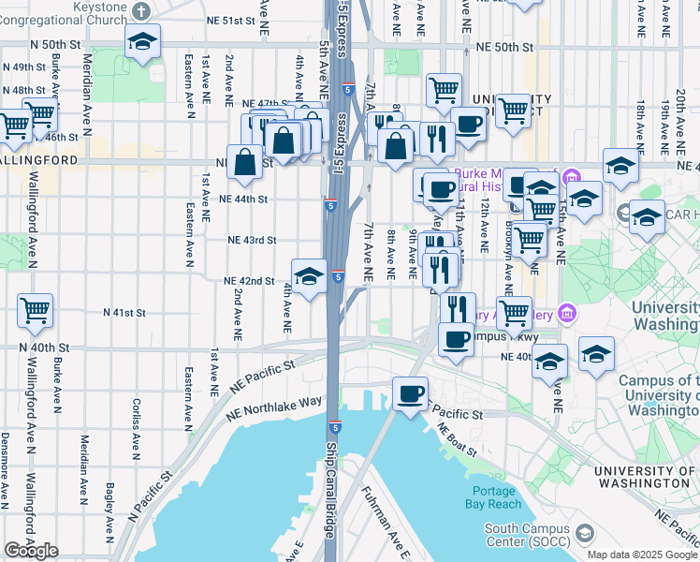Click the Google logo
coord(31,551)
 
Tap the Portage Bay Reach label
coord(494,497)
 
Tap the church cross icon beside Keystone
coord(140,11)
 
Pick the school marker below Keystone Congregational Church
coord(142,42)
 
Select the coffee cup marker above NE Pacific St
coord(409,394)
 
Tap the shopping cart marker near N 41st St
coord(35,309)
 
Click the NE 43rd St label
coord(253,240)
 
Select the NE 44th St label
coord(244,199)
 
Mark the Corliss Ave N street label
coord(137,425)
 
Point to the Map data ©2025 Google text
coord(642,555)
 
